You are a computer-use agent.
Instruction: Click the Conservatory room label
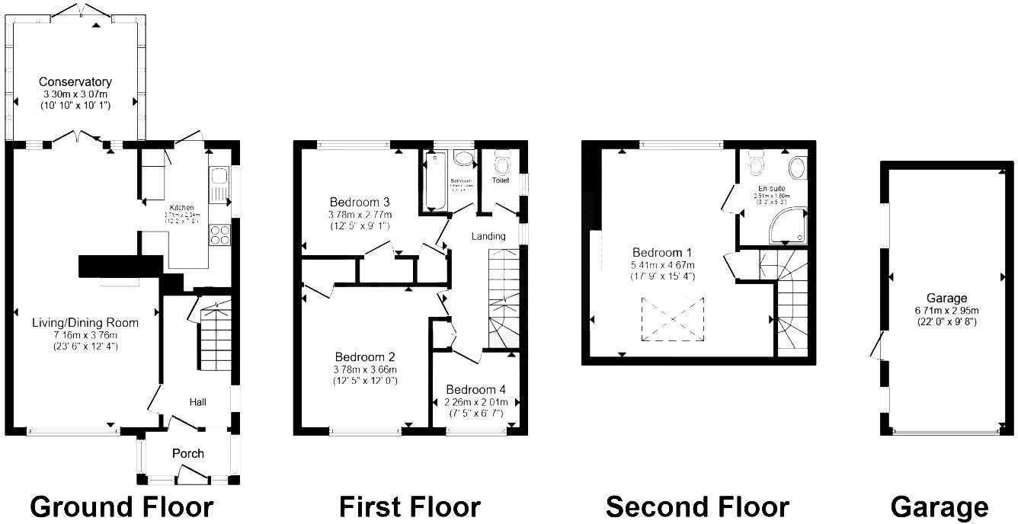[75, 81]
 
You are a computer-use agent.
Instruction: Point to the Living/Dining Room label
[85, 323]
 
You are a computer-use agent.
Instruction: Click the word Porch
[187, 453]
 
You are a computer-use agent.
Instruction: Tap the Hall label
[198, 401]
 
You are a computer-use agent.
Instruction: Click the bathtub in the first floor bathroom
[435, 181]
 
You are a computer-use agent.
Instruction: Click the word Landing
[488, 236]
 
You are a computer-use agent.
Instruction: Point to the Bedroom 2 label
[364, 356]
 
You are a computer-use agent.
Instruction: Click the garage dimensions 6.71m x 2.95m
[947, 310]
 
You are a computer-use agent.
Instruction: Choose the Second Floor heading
[697, 506]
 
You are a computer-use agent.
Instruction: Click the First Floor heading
[410, 506]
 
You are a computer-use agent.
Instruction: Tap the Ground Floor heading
[122, 506]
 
